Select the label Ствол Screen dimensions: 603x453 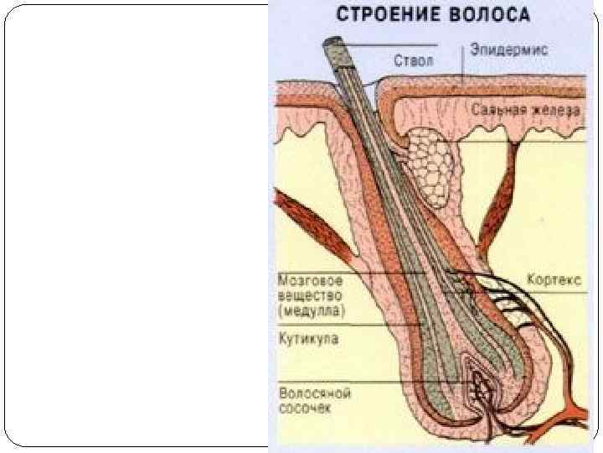click(413, 60)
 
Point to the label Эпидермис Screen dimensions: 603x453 click(508, 49)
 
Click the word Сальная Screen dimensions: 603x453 click(497, 110)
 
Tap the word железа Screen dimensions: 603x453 click(554, 110)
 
